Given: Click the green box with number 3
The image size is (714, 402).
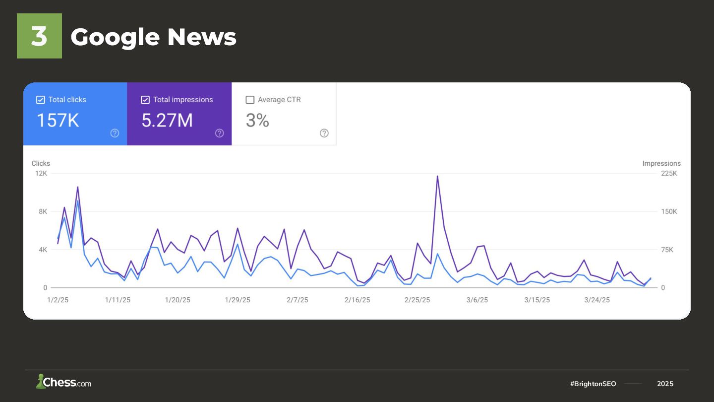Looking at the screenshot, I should pyautogui.click(x=39, y=36).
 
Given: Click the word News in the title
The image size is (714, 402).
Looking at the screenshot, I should pyautogui.click(x=202, y=37).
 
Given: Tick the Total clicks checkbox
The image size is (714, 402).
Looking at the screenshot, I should pyautogui.click(x=41, y=100).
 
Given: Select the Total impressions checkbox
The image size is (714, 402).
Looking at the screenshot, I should pyautogui.click(x=145, y=100).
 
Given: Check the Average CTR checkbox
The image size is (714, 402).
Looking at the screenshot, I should pyautogui.click(x=250, y=100).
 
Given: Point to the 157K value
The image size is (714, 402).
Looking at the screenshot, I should pyautogui.click(x=58, y=121).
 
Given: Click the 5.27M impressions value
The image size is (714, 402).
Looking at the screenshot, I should pyautogui.click(x=167, y=121).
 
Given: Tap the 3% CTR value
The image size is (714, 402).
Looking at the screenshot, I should pyautogui.click(x=257, y=121).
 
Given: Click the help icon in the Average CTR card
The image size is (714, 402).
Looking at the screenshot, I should pyautogui.click(x=324, y=133).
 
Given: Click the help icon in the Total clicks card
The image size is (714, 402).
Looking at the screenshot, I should pyautogui.click(x=115, y=133).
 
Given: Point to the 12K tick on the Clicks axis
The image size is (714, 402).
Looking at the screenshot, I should pyautogui.click(x=41, y=173).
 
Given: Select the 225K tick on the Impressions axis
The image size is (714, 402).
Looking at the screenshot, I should pyautogui.click(x=669, y=173).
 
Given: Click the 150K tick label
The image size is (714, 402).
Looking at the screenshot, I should pyautogui.click(x=669, y=211).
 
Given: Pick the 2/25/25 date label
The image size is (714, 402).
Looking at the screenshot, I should pyautogui.click(x=417, y=300).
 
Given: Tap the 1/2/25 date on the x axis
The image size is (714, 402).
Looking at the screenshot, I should pyautogui.click(x=58, y=300).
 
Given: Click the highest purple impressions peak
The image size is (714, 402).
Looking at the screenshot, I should pyautogui.click(x=437, y=176).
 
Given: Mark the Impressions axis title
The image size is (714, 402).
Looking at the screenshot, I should pyautogui.click(x=661, y=163).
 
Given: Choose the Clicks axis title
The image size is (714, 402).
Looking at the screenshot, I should pyautogui.click(x=41, y=163).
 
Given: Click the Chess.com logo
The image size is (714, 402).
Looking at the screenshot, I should pyautogui.click(x=63, y=382).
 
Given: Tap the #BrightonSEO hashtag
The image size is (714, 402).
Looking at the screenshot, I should pyautogui.click(x=593, y=384).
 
